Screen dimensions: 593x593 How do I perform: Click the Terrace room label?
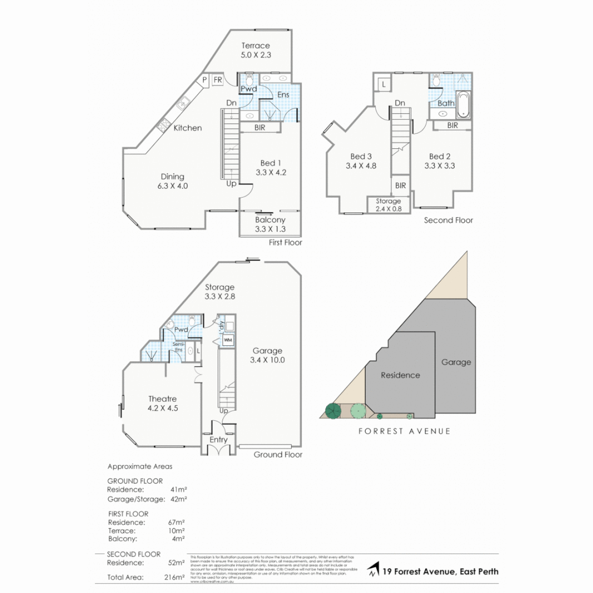click(256, 51)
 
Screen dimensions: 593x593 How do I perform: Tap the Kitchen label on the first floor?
click(188, 128)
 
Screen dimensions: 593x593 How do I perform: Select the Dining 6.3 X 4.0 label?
click(172, 181)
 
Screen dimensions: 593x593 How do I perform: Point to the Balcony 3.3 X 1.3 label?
click(270, 225)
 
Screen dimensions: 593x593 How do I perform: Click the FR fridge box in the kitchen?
click(217, 80)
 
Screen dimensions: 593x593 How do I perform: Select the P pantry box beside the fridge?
click(204, 80)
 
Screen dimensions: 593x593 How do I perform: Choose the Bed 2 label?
click(439, 160)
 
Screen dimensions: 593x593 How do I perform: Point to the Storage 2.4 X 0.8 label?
click(388, 205)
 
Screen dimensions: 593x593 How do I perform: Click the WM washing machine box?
click(227, 340)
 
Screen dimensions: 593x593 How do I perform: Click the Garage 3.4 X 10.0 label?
click(267, 356)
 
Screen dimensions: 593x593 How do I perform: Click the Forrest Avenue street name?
click(405, 432)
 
